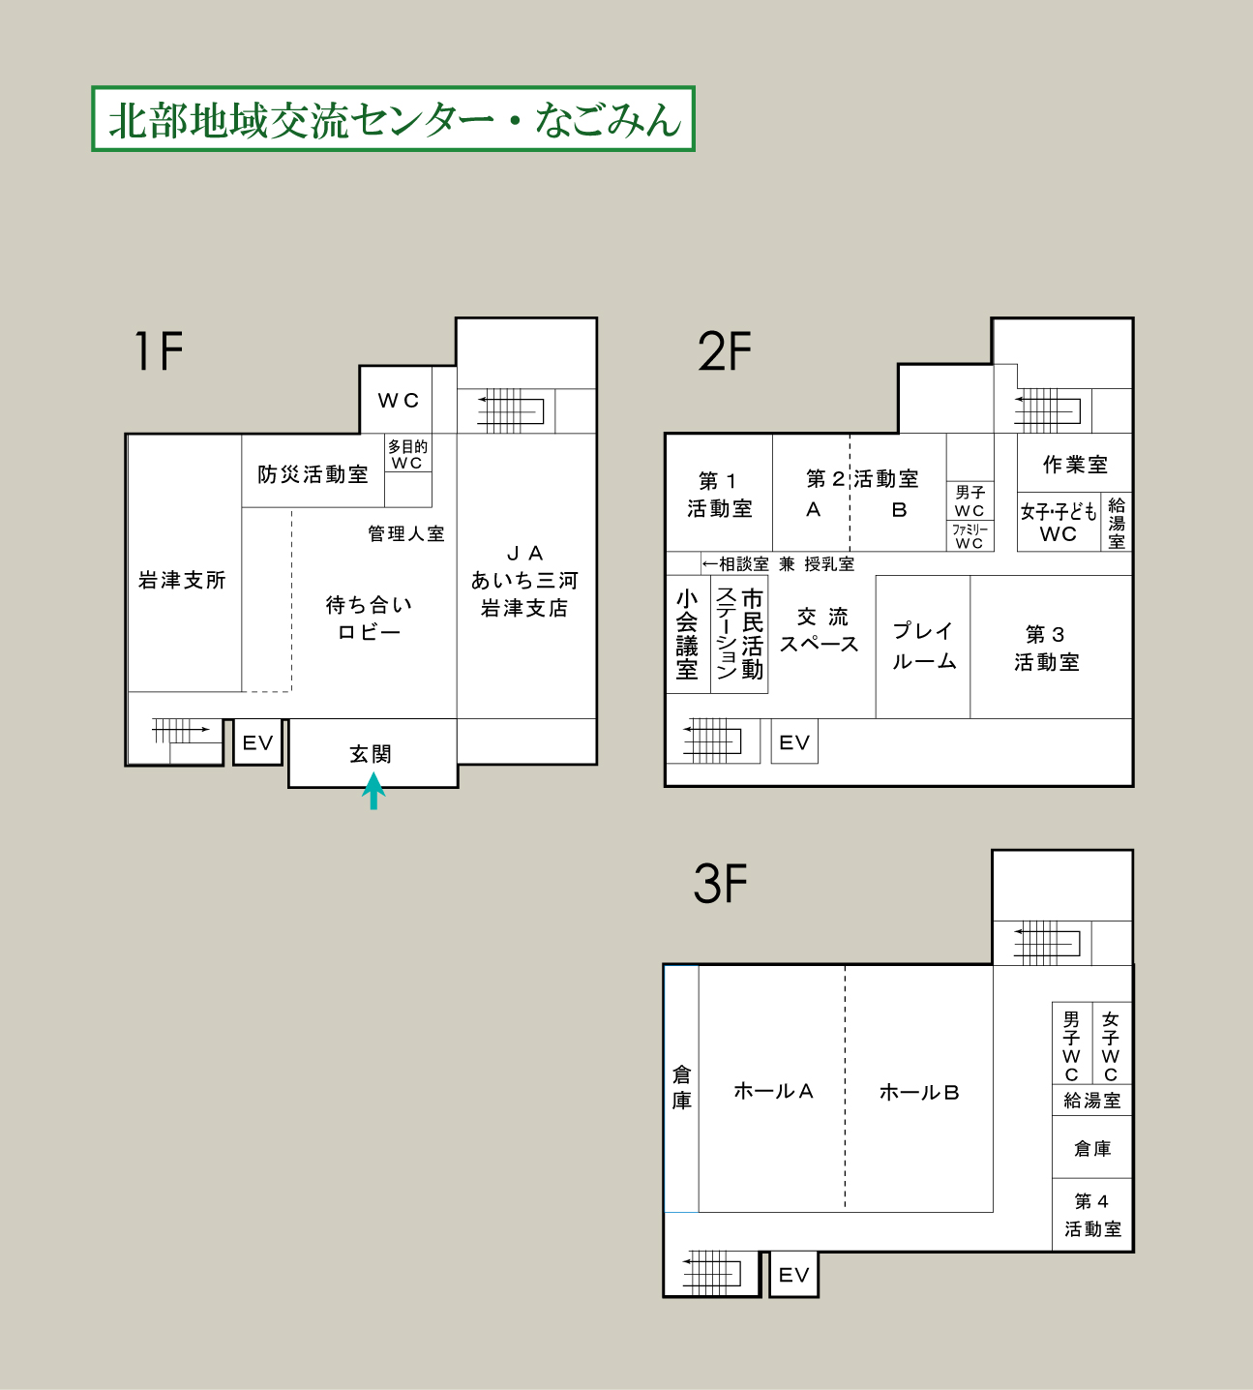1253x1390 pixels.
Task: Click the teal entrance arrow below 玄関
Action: [x=373, y=791]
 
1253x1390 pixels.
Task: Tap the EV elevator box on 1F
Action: [x=257, y=742]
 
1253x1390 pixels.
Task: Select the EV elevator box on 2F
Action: [x=794, y=741]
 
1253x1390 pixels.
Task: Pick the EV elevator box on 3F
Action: [x=793, y=1274]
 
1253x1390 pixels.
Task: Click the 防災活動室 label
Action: [x=313, y=474]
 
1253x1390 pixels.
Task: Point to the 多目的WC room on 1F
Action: [x=408, y=454]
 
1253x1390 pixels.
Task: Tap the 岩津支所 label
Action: [x=182, y=579]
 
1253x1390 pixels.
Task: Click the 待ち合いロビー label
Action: [x=370, y=619]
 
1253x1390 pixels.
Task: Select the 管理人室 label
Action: [x=405, y=533]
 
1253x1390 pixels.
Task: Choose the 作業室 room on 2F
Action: [x=1074, y=464]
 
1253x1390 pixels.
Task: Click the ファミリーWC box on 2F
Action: [x=970, y=536]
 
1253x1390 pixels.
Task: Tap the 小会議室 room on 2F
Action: [x=688, y=634]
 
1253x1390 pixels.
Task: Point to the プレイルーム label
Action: [x=924, y=646]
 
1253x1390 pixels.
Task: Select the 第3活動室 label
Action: [x=1047, y=648]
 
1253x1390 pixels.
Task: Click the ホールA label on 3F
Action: [x=773, y=1091]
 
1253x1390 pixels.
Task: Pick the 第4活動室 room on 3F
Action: [x=1092, y=1215]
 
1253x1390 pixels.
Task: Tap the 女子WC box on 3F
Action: [x=1111, y=1042]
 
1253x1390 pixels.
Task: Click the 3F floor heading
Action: [x=720, y=884]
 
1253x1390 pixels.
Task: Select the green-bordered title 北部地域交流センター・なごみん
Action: [x=394, y=118]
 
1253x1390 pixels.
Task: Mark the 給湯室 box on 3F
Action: [x=1091, y=1101]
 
